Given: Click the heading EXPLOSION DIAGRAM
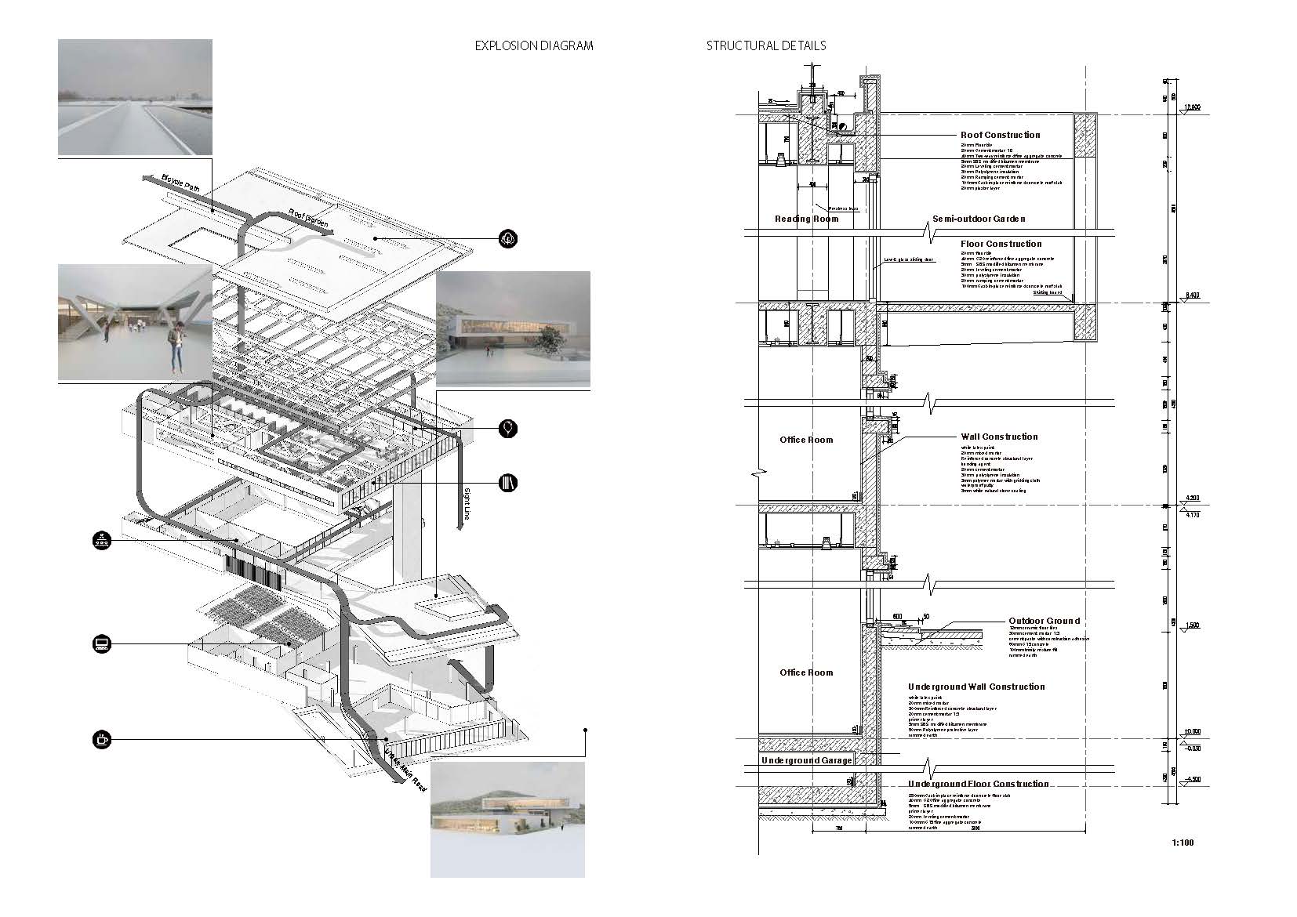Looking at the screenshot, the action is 534,45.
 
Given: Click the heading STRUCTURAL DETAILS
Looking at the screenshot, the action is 765,45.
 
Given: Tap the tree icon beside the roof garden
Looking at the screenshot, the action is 508,237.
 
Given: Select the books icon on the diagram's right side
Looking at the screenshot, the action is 508,482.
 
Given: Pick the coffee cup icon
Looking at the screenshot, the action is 101,738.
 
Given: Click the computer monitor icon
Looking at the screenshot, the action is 101,644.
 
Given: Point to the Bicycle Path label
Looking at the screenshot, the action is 182,188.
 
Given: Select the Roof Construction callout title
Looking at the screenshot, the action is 1000,135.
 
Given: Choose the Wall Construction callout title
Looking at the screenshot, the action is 999,437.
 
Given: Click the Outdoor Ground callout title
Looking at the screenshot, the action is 1044,621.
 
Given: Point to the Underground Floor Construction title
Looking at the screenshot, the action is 978,784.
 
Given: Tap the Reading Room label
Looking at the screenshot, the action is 806,219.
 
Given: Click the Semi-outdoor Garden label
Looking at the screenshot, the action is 979,219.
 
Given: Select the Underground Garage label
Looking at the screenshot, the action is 806,760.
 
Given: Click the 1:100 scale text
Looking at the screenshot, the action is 1183,843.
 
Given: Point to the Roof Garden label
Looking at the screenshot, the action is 307,220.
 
